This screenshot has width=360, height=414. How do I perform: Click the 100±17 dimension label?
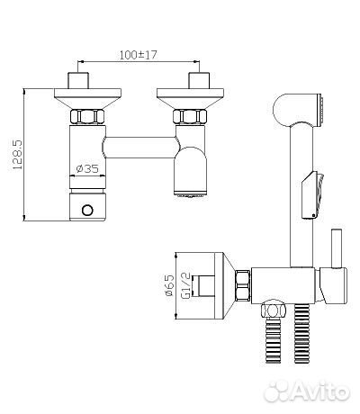139,55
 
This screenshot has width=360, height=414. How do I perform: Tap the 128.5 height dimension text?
18,155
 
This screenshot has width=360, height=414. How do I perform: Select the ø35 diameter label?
87,169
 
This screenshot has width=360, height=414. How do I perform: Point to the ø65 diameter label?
169,285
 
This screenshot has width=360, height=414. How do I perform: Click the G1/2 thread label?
186,286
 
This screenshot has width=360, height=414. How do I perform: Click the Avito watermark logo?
307,391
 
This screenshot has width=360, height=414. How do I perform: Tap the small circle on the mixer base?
87,211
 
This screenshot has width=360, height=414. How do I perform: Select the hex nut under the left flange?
87,117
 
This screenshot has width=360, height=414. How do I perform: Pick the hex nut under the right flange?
190,117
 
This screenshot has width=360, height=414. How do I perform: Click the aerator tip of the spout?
191,194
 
